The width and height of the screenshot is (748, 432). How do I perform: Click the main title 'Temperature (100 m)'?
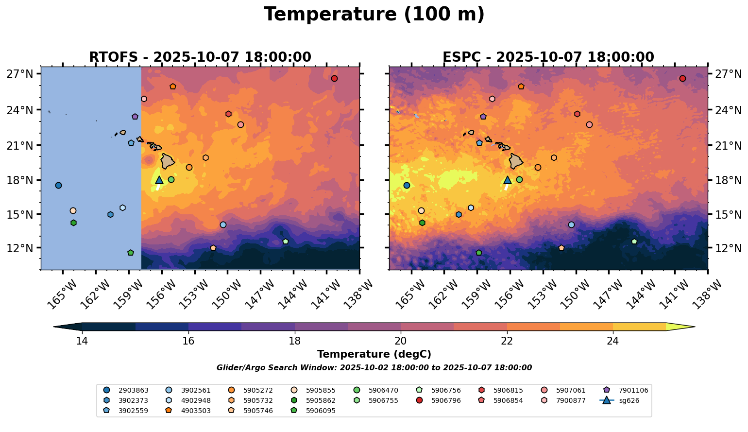374,15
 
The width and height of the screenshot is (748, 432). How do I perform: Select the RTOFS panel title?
200,57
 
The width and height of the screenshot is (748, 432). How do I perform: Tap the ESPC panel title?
548,57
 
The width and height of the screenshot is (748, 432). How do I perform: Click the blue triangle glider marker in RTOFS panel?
159,180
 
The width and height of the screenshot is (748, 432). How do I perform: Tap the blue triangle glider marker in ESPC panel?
508,180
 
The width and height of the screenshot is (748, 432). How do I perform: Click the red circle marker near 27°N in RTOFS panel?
334,79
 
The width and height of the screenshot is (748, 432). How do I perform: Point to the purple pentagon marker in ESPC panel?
483,117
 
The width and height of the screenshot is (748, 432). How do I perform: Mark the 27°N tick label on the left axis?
20,74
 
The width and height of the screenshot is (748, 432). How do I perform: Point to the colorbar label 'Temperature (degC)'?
374,355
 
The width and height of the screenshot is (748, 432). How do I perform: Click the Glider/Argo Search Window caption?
374,368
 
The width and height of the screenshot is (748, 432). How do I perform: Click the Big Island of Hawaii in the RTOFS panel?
168,161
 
